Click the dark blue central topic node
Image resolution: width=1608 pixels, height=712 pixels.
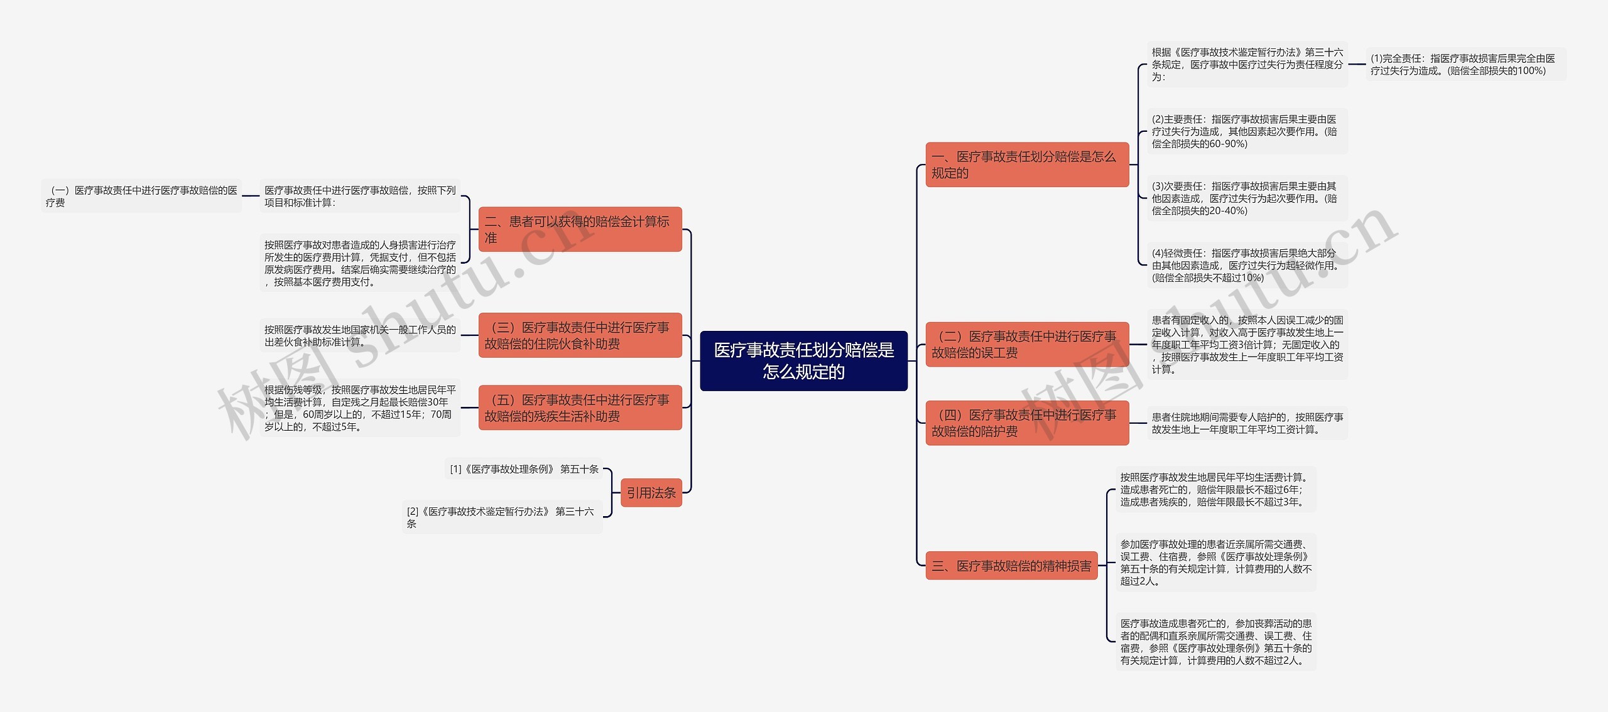(x=803, y=360)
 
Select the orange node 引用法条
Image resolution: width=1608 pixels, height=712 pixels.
(x=651, y=493)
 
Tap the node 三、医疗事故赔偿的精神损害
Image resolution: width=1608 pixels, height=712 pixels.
(x=1011, y=566)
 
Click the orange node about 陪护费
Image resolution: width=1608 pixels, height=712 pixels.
(x=1026, y=423)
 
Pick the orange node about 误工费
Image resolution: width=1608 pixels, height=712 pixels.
(x=1026, y=344)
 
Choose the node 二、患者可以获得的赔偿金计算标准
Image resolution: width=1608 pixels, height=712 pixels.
(x=580, y=229)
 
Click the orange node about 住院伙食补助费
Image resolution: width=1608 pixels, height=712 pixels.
(x=580, y=335)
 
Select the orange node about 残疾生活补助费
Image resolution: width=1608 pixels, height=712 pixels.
(x=580, y=407)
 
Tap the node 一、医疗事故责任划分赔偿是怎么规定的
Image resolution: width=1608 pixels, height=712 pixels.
(x=1026, y=165)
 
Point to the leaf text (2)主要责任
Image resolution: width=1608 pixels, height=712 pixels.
(x=1246, y=131)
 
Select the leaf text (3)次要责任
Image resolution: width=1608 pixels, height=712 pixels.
(x=1246, y=198)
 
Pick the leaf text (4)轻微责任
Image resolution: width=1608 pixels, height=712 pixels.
(x=1246, y=265)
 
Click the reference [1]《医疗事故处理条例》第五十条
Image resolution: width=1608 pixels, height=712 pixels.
(x=524, y=469)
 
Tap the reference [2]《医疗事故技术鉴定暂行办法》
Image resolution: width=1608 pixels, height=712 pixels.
(x=501, y=517)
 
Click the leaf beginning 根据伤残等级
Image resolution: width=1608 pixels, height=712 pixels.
(x=359, y=408)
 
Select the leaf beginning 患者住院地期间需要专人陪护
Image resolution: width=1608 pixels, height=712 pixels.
(x=1246, y=423)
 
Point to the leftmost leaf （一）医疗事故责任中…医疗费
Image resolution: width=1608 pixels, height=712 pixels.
(x=141, y=196)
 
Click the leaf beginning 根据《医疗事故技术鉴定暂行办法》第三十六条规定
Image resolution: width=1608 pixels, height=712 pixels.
(x=1246, y=64)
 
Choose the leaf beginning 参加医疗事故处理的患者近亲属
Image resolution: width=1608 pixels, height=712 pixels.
(x=1215, y=563)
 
